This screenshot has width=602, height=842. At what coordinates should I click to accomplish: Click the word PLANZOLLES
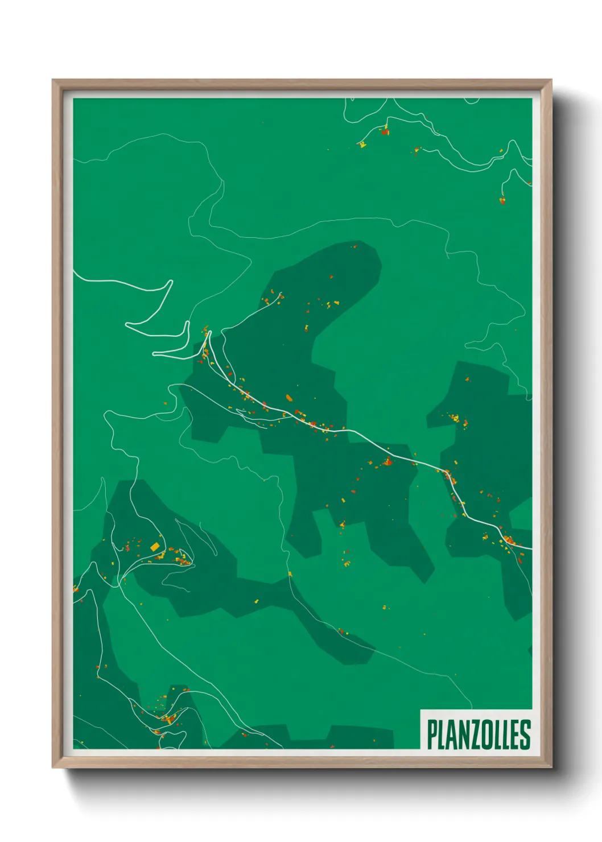tap(479, 734)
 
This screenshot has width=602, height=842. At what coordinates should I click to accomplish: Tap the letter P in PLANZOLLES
tap(432, 734)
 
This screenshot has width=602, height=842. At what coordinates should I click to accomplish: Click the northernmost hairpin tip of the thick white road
tap(171, 281)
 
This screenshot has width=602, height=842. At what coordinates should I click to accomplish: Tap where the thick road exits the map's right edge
tap(531, 548)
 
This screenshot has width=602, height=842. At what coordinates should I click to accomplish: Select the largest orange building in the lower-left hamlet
tap(154, 546)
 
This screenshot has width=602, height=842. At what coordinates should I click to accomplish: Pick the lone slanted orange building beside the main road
tap(288, 398)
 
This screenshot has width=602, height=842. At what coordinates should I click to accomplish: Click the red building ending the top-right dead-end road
tap(502, 200)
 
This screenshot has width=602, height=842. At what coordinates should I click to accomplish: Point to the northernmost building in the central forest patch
tap(354, 247)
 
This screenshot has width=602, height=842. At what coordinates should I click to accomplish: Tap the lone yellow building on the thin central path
tap(290, 574)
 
